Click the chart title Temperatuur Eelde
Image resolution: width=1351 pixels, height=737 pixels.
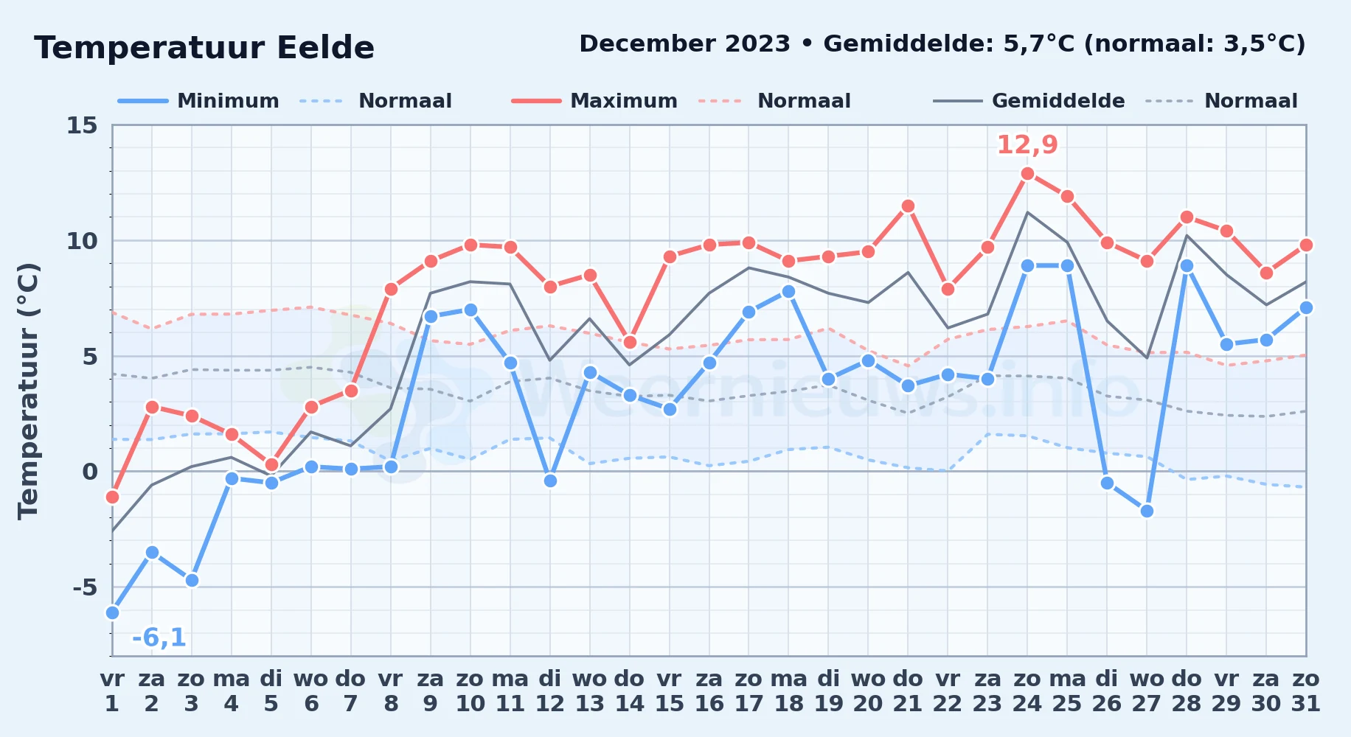[204, 48]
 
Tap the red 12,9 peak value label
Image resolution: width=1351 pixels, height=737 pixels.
[1027, 144]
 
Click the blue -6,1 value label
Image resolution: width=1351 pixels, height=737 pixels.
[159, 638]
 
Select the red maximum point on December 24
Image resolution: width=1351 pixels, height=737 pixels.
[1027, 174]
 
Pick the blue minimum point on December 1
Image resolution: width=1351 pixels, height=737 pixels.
[112, 612]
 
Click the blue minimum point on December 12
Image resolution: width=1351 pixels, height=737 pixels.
[550, 481]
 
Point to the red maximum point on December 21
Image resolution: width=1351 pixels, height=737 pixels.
[908, 206]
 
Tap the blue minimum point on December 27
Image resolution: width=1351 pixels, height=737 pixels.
[1147, 511]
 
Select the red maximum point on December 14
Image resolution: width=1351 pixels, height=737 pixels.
[630, 342]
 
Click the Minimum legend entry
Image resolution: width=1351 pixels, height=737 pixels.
[198, 101]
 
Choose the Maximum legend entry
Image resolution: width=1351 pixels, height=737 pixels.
[594, 101]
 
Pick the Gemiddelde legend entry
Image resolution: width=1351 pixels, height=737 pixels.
[1029, 101]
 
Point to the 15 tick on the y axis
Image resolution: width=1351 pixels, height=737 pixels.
[82, 125]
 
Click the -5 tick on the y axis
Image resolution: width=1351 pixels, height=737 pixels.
[85, 587]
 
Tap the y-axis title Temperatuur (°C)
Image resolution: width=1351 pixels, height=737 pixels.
[29, 391]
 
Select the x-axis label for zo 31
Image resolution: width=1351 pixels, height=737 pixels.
[1305, 691]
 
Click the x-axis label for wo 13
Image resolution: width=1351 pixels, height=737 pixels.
[590, 691]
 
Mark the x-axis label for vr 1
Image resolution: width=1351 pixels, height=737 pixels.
[112, 691]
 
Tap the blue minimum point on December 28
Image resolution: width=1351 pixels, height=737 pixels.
[1187, 266]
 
